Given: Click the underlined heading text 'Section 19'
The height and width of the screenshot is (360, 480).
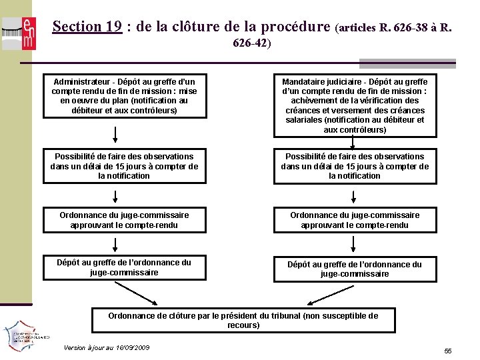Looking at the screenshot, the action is [x=87, y=27].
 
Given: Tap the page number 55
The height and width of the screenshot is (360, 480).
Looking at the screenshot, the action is [x=448, y=351].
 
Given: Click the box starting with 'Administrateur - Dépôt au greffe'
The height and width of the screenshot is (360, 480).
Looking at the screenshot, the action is [x=124, y=95].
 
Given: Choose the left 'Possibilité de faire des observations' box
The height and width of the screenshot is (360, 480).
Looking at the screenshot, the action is [x=124, y=166].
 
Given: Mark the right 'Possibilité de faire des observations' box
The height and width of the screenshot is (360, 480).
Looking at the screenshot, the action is [x=355, y=166].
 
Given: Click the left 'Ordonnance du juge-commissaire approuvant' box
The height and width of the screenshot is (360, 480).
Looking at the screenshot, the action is [x=124, y=220].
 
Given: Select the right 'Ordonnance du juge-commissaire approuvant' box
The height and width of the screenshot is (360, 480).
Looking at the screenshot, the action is [x=355, y=220].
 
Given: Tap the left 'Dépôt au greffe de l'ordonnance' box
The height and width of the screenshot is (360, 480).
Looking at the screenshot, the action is [x=124, y=267].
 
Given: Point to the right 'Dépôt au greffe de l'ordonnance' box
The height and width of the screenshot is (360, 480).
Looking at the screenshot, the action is [x=355, y=269].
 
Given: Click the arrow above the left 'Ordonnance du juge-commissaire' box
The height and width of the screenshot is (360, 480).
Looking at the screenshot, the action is [x=115, y=197].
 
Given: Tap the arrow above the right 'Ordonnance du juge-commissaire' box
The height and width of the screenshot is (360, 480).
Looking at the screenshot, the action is [x=354, y=197].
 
